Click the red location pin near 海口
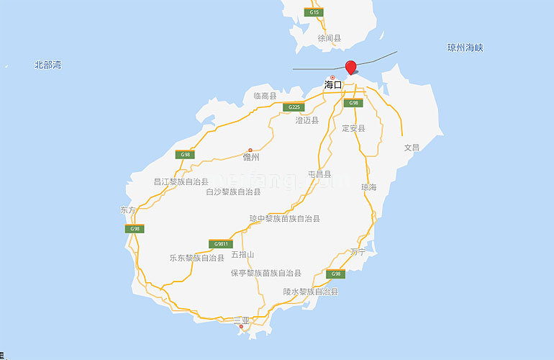350,68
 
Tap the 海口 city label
333,85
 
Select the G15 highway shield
313,12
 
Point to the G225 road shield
292,107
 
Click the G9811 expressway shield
220,243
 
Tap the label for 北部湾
47,66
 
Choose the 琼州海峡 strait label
465,48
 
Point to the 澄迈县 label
307,121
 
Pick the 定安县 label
353,128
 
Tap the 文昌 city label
412,147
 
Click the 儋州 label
251,156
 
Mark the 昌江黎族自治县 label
181,182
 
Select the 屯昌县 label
319,174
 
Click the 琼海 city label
368,186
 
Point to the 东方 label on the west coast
127,210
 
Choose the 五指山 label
242,256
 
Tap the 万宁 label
358,252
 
